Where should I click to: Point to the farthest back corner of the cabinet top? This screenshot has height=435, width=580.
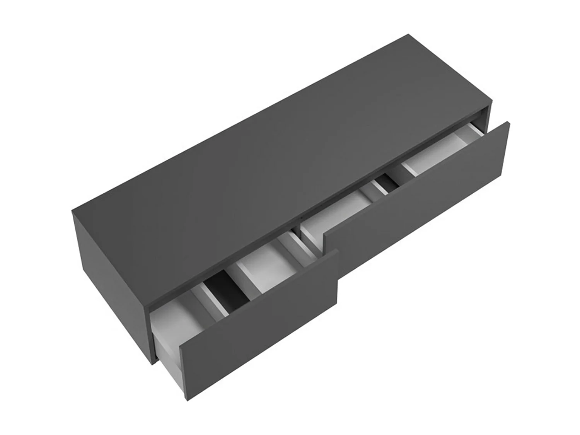click(409, 34)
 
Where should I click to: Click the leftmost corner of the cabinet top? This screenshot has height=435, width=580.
click(72, 211)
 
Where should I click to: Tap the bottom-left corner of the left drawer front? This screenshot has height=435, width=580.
click(187, 401)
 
